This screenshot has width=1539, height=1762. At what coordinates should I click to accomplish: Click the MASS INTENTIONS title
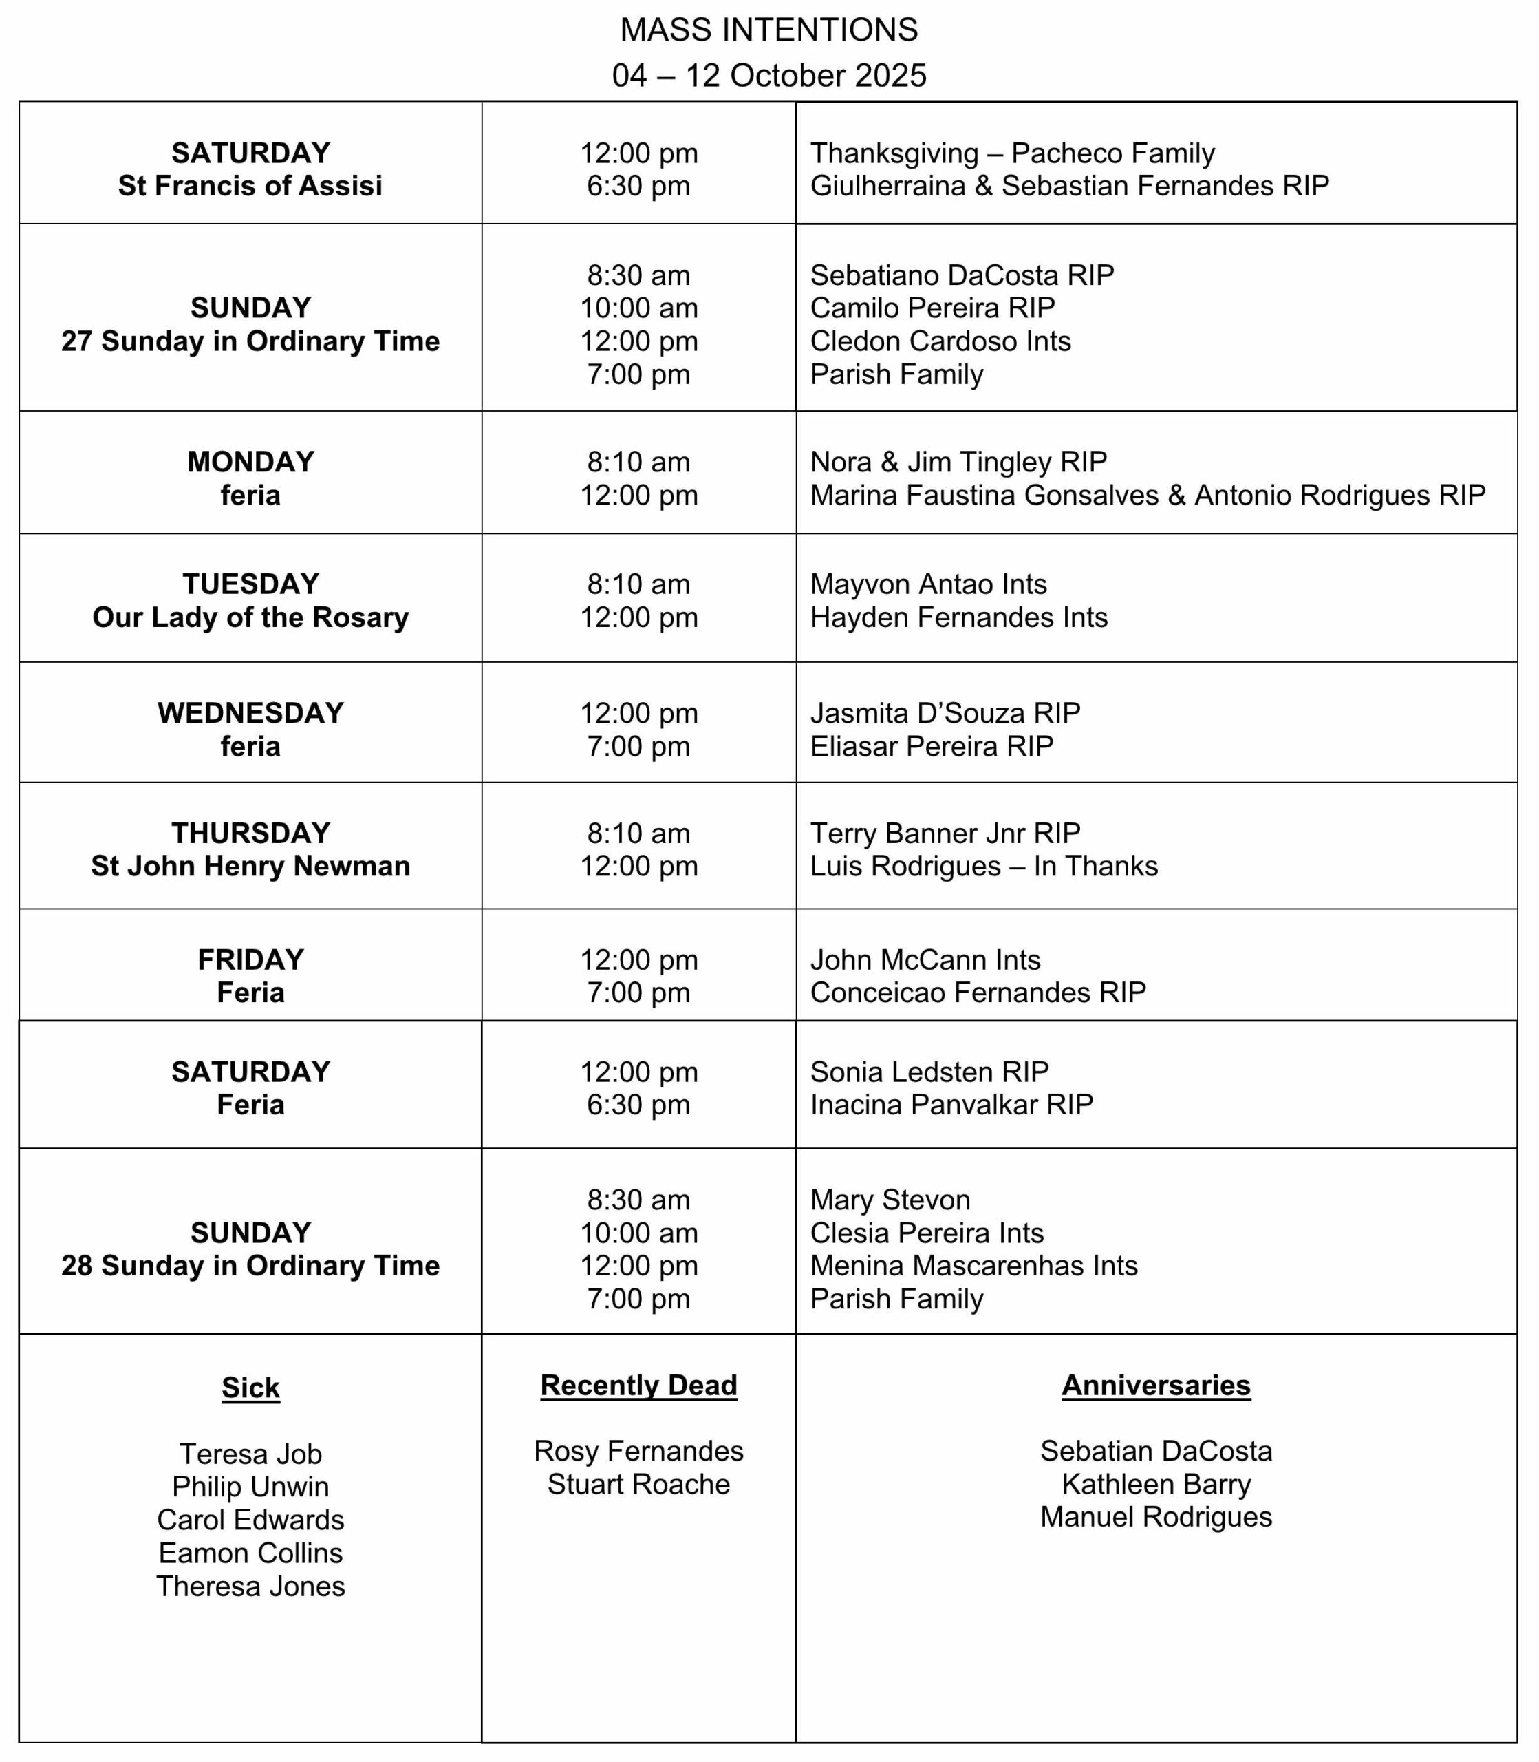(x=768, y=30)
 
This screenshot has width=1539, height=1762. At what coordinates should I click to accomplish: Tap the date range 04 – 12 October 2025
(x=768, y=76)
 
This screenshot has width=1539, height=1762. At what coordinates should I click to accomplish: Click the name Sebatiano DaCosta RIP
(x=962, y=275)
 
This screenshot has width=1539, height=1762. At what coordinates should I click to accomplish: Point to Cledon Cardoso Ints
(x=940, y=341)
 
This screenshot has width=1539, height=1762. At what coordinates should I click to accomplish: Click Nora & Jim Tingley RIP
(x=958, y=463)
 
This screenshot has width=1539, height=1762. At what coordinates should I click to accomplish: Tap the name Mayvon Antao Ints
(x=928, y=584)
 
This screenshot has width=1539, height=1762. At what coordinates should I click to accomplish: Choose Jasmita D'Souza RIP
(x=945, y=713)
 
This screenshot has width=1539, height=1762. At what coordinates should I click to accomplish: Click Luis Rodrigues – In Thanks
(x=983, y=866)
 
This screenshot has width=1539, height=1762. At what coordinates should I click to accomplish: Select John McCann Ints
(x=925, y=959)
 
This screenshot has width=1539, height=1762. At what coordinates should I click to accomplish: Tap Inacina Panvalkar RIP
(x=951, y=1104)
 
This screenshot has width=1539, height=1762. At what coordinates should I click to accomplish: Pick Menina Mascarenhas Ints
(x=974, y=1266)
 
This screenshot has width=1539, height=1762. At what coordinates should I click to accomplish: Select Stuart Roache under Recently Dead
(x=638, y=1484)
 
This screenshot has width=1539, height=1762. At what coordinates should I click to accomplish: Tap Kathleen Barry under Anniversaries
(x=1156, y=1484)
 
